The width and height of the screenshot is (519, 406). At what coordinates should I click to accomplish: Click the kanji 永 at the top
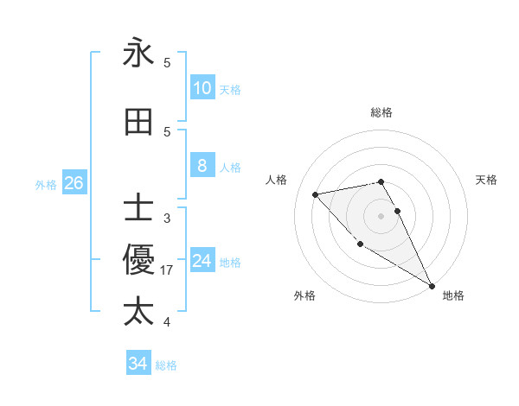tap(138, 54)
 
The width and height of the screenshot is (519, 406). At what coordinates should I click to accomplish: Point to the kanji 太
tap(138, 312)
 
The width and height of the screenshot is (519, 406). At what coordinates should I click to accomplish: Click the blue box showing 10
tap(202, 88)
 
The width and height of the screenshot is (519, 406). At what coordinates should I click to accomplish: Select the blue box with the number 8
tap(202, 166)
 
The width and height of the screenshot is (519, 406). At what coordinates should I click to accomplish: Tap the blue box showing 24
tap(202, 261)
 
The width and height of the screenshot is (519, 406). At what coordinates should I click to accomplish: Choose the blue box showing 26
tap(74, 183)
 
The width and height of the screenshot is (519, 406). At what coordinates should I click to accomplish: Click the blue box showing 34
tap(138, 364)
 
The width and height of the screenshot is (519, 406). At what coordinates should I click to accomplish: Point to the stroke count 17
tap(167, 270)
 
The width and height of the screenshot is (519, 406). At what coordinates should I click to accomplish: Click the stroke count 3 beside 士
tap(167, 219)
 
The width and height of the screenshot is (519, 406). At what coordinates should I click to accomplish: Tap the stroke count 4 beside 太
tap(167, 322)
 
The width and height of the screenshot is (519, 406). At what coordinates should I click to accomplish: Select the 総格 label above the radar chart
tap(381, 112)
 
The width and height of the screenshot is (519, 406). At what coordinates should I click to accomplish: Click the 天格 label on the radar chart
tap(486, 180)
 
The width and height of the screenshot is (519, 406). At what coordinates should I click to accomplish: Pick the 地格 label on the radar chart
tap(453, 295)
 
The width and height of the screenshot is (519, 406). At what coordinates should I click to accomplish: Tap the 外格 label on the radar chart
tap(304, 295)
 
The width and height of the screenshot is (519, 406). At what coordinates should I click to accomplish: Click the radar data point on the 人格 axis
tap(316, 194)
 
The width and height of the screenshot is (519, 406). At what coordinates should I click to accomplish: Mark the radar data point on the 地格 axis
tap(432, 285)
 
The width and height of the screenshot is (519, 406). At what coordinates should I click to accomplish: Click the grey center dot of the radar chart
tap(381, 216)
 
